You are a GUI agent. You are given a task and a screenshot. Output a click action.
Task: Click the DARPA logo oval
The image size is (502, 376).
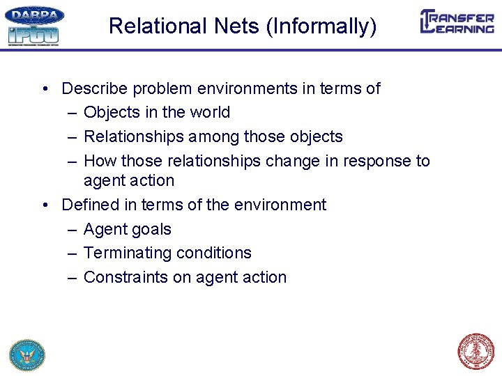point(34,15)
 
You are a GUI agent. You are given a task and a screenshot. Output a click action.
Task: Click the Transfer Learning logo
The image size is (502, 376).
point(457,22)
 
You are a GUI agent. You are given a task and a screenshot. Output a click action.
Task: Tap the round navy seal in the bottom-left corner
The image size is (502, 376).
point(26,354)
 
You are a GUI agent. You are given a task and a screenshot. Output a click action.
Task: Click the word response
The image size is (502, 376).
point(379,161)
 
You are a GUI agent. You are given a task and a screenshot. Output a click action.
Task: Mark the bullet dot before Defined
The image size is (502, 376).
point(45,205)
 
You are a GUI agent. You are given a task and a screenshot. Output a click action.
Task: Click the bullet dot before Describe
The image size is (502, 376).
point(45,88)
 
